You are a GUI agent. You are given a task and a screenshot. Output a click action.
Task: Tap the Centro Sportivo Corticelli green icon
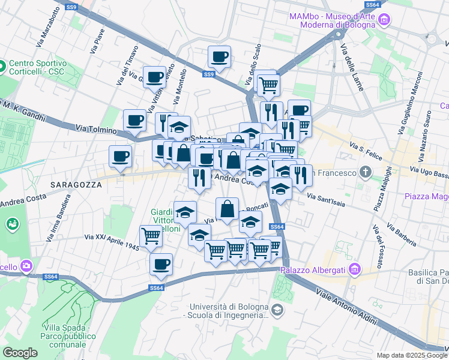pos(2,65)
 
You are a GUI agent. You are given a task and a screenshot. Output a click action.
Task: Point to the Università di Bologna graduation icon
pos(277,310)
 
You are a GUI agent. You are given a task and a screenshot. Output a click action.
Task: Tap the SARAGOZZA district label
pos(76,185)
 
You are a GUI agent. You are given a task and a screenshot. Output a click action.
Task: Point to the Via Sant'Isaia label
pos(326,199)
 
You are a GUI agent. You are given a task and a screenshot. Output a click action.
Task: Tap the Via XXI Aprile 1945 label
pos(112,242)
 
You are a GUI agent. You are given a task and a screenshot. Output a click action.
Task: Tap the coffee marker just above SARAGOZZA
pos(120,157)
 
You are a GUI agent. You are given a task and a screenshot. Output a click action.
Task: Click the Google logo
pos(20,353)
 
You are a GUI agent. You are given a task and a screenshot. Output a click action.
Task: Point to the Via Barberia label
pos(402,235)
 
